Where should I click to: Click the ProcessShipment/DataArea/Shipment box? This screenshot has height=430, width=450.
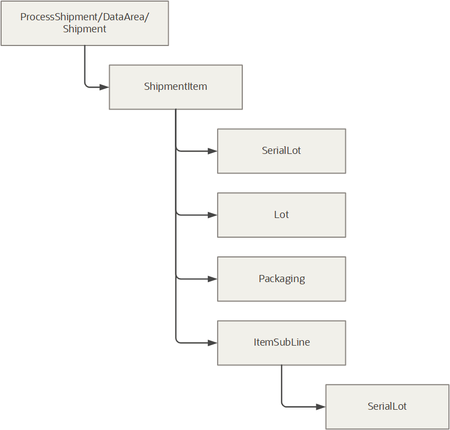pyautogui.click(x=84, y=23)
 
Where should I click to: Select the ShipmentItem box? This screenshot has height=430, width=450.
pyautogui.click(x=175, y=87)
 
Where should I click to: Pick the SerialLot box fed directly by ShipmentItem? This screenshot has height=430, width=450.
pyautogui.click(x=281, y=151)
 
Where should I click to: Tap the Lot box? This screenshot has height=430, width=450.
pyautogui.click(x=281, y=215)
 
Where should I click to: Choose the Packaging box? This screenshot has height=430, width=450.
pyautogui.click(x=281, y=279)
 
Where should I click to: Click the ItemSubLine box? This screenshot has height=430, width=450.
pyautogui.click(x=281, y=342)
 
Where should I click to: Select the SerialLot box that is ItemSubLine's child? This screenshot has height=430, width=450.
pyautogui.click(x=387, y=406)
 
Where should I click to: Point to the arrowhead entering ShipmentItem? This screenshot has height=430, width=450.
pyautogui.click(x=105, y=87)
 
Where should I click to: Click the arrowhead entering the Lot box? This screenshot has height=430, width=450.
pyautogui.click(x=213, y=215)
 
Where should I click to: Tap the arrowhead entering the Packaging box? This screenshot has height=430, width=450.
pyautogui.click(x=213, y=279)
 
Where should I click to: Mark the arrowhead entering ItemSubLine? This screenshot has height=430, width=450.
pyautogui.click(x=213, y=343)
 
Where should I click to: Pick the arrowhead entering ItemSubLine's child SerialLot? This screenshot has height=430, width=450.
pyautogui.click(x=321, y=406)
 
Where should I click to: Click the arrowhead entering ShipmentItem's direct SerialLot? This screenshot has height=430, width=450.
pyautogui.click(x=213, y=151)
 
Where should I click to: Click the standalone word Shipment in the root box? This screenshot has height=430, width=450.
pyautogui.click(x=84, y=29)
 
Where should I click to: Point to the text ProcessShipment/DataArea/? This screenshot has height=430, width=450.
pyautogui.click(x=84, y=17)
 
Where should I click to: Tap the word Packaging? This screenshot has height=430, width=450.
pyautogui.click(x=282, y=279)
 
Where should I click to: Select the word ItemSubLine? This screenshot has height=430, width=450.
pyautogui.click(x=282, y=342)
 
